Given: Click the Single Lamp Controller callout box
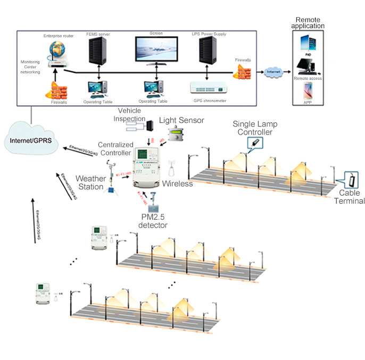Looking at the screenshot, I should [x=256, y=143].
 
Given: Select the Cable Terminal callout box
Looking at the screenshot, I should [x=352, y=179].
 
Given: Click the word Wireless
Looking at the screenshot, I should [x=177, y=184].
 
